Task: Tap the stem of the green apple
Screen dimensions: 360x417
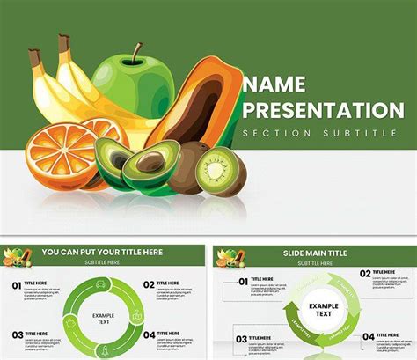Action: click(135, 53)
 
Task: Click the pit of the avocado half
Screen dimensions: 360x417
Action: click(152, 161)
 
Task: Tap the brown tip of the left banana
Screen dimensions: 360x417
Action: click(33, 57)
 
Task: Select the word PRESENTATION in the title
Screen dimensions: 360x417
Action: click(323, 111)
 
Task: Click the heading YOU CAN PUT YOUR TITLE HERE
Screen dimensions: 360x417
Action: click(104, 252)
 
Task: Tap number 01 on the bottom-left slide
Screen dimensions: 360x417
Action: click(17, 285)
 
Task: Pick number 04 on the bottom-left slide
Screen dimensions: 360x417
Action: click(149, 334)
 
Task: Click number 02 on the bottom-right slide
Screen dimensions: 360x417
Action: click(363, 275)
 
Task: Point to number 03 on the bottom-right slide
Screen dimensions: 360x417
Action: click(240, 338)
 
